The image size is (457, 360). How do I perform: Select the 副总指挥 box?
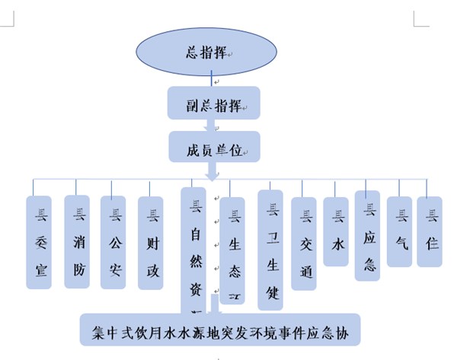(214, 104)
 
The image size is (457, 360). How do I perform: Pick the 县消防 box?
(78, 241)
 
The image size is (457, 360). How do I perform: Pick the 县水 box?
(336, 231)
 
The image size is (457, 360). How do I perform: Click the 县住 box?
(429, 231)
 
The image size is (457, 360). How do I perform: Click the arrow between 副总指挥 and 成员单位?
(214, 126)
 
